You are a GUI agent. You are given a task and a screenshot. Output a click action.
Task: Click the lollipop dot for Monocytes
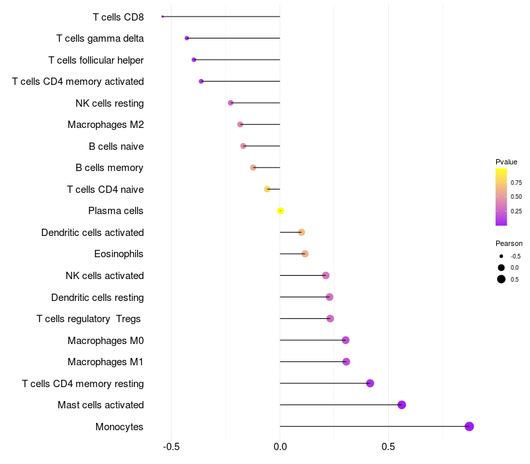(469, 426)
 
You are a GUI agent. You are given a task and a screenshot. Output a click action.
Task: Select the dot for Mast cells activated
(401, 405)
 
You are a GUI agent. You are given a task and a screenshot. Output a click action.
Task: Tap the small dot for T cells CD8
(162, 17)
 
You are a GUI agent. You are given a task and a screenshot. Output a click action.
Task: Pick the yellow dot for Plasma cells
(280, 211)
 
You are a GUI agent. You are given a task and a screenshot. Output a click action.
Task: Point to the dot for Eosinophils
(305, 254)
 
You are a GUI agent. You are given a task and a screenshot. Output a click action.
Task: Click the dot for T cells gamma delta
(187, 38)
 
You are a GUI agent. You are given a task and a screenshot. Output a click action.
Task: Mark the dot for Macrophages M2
(240, 125)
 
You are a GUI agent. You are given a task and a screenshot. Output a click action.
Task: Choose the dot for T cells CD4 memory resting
(370, 383)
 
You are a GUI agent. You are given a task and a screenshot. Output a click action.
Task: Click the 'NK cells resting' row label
(109, 103)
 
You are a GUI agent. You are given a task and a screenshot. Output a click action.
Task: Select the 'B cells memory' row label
(109, 168)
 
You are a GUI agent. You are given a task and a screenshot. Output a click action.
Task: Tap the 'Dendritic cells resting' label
(97, 297)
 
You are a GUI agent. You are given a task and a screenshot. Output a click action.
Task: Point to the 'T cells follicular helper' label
(96, 60)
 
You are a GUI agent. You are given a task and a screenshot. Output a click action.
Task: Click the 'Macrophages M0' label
(105, 341)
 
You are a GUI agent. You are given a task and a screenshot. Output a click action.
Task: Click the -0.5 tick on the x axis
(172, 445)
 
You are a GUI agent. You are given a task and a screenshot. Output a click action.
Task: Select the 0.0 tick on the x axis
(280, 445)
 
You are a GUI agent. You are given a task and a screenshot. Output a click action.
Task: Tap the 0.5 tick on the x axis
(389, 445)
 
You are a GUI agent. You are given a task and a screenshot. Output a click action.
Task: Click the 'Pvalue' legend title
(506, 162)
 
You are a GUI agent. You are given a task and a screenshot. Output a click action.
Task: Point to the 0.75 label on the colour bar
(516, 182)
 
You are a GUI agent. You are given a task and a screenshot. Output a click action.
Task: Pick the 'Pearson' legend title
(509, 243)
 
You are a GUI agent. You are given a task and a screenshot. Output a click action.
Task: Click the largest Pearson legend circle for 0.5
(502, 279)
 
